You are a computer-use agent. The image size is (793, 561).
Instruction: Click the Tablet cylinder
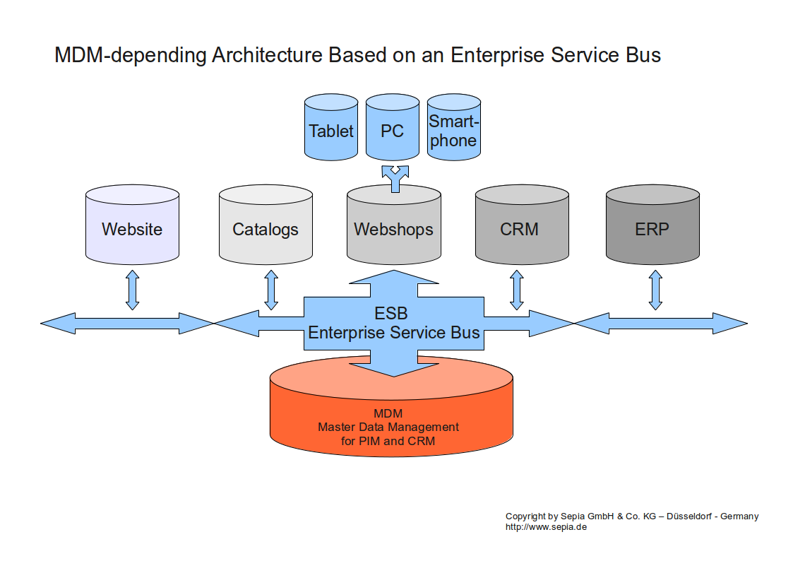click(x=330, y=131)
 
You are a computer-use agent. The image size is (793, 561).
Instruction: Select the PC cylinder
click(x=392, y=131)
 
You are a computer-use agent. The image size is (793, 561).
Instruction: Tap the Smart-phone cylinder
click(x=453, y=131)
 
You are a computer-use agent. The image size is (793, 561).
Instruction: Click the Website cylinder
click(x=132, y=229)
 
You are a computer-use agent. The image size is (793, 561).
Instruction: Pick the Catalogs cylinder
click(x=266, y=229)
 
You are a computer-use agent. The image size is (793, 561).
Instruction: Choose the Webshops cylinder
click(x=393, y=229)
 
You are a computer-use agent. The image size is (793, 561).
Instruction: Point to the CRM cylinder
click(x=521, y=229)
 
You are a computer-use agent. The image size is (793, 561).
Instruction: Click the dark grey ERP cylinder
click(x=652, y=229)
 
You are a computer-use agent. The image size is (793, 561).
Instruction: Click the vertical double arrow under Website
click(x=132, y=288)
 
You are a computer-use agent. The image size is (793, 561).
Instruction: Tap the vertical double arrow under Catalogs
click(x=271, y=288)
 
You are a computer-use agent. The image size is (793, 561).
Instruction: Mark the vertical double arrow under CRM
click(x=517, y=288)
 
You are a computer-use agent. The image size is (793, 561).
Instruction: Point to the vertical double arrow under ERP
click(x=655, y=288)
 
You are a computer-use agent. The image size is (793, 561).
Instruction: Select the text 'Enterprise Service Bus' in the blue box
click(x=394, y=333)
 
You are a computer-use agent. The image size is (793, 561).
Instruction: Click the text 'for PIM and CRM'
click(x=388, y=441)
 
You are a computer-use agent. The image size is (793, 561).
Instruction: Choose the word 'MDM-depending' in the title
click(x=131, y=56)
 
